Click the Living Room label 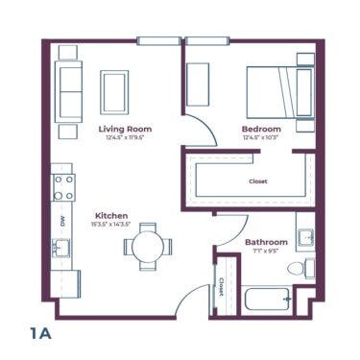tap(125, 128)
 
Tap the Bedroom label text tap(260, 129)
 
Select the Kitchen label tap(112, 215)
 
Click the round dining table tap(147, 247)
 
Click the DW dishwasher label tap(62, 220)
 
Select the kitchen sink tap(63, 250)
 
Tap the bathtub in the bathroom tap(267, 299)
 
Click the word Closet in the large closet tap(258, 180)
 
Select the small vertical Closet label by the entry tap(222, 286)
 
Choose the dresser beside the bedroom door tap(199, 84)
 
